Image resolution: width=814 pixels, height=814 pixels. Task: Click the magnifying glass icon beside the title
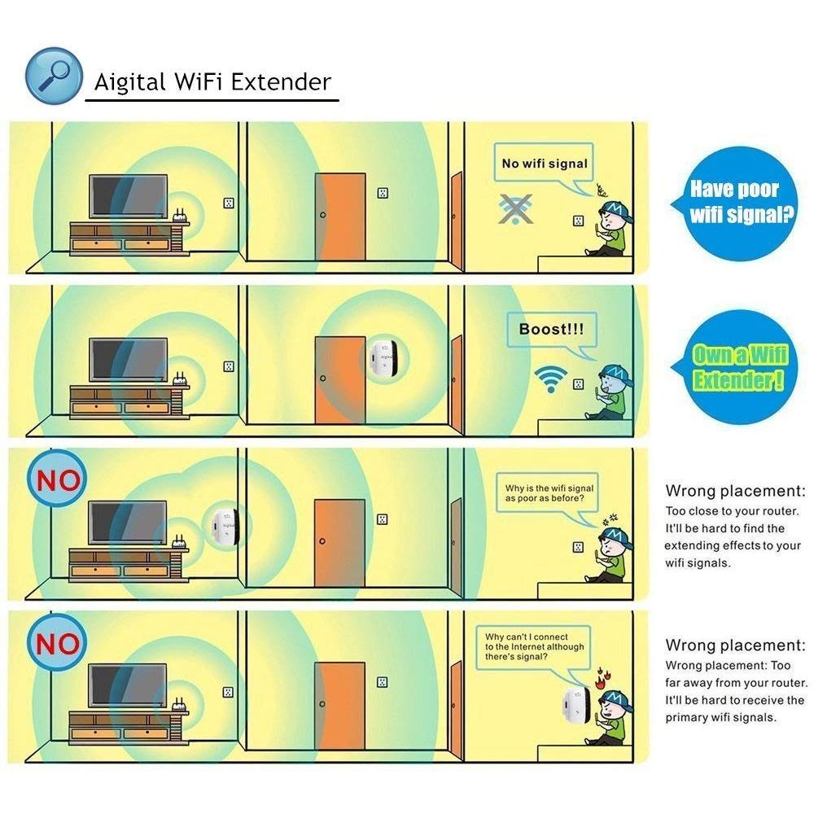54,76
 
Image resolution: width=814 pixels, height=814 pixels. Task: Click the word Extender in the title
281,82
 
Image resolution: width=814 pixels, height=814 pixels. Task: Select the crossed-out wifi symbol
515,208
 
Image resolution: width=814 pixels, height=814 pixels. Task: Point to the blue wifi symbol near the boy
551,379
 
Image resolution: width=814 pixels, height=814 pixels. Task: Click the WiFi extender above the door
384,359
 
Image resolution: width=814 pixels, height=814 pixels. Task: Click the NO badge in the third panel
57,479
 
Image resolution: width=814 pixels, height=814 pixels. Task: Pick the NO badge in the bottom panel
57,642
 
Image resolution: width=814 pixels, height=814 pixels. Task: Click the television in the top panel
129,196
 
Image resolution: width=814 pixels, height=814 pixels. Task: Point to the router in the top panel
180,216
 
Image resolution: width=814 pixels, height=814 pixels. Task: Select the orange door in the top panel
340,217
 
